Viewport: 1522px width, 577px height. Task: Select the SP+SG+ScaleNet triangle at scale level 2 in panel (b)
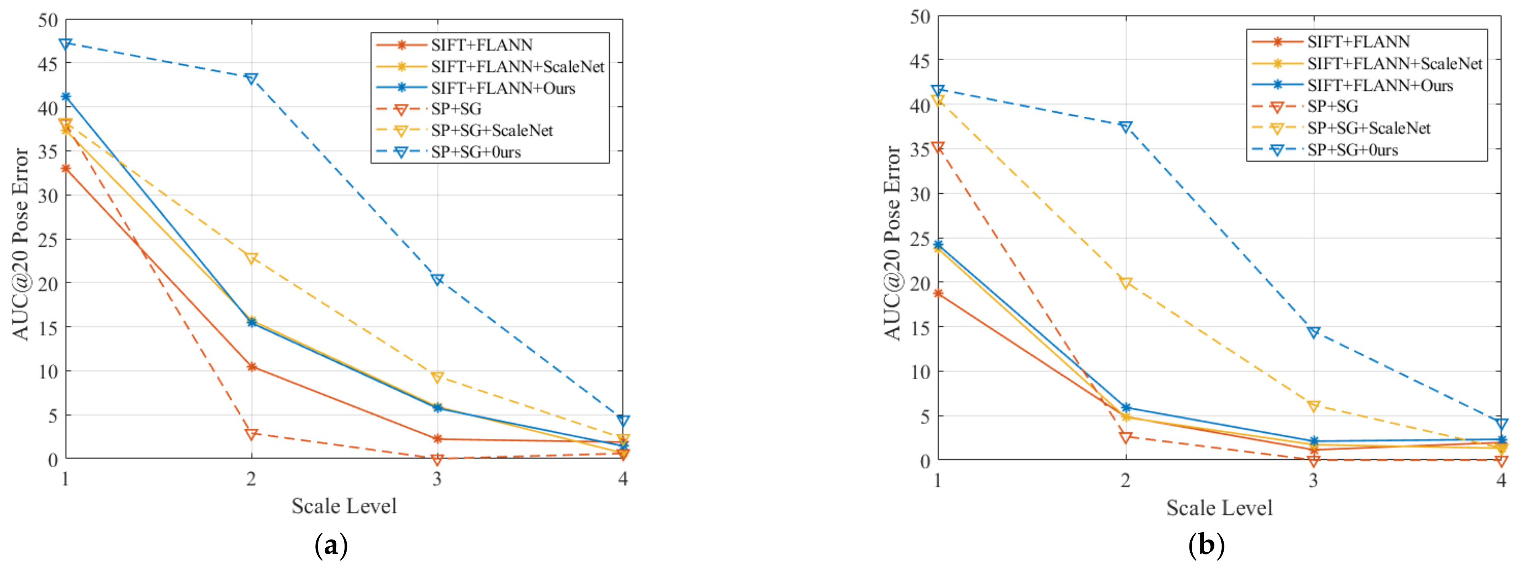[1126, 282]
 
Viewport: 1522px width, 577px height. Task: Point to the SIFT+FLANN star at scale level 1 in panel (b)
[938, 293]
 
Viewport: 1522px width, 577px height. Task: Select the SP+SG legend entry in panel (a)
[455, 109]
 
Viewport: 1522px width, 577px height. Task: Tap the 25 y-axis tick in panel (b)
[920, 239]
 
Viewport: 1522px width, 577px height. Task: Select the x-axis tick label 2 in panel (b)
[1126, 481]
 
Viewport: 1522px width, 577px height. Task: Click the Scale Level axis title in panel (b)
[1219, 508]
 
